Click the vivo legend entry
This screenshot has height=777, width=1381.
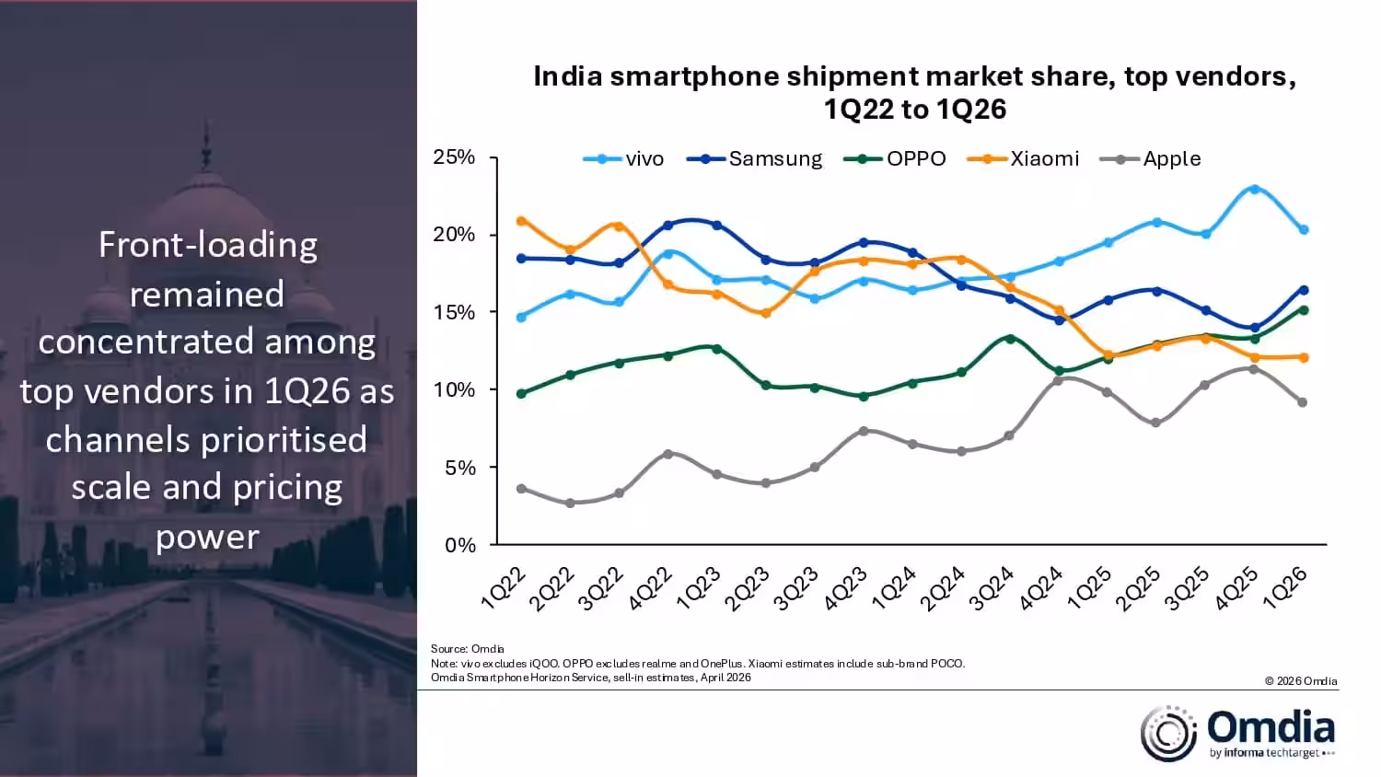tap(625, 158)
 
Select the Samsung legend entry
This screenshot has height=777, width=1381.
tap(756, 158)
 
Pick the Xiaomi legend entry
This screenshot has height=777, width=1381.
tap(1025, 158)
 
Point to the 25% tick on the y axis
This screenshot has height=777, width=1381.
tap(454, 157)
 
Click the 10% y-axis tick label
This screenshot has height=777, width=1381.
tap(454, 390)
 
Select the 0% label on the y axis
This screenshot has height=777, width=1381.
tap(459, 546)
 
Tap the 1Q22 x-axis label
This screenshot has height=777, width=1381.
tap(504, 588)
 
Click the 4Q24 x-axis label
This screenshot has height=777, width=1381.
tap(1042, 588)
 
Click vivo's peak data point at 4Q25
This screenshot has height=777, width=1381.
tap(1254, 190)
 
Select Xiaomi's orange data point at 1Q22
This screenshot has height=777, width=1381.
tap(521, 221)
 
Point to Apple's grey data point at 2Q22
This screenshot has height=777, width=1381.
tap(570, 504)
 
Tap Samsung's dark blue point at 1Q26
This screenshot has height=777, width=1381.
tap(1304, 290)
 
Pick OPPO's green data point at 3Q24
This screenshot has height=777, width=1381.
tap(1010, 339)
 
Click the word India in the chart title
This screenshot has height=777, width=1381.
tap(567, 76)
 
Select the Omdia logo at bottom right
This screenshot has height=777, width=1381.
tap(1238, 734)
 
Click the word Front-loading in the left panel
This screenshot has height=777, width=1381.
tap(208, 245)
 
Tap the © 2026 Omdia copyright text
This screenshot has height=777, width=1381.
tap(1300, 681)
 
